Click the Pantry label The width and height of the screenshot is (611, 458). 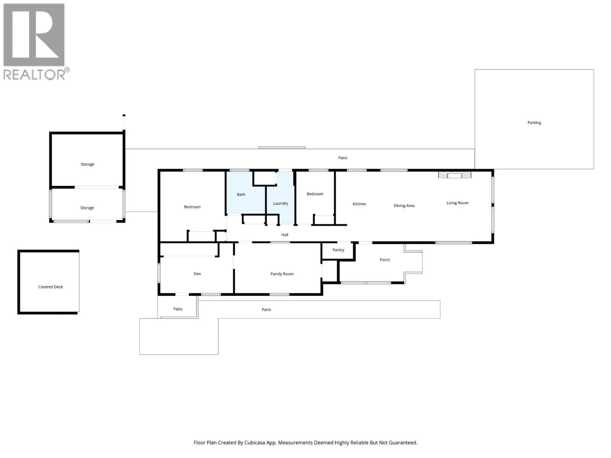point(338,250)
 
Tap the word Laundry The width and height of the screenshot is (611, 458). point(280,203)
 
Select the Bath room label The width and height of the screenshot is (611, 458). point(241,194)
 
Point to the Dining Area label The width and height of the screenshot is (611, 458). point(404,206)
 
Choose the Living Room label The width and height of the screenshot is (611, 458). point(457,203)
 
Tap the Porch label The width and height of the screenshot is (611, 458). point(384,260)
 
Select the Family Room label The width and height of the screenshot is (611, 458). point(282,274)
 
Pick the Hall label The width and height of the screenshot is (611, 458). point(284,235)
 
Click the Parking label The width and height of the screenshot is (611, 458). point(534,123)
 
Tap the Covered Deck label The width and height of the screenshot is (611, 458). point(51,287)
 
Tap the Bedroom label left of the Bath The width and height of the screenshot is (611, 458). point(192,207)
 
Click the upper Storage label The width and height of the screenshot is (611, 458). point(87,164)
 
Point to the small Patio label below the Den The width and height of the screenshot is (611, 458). point(178,309)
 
